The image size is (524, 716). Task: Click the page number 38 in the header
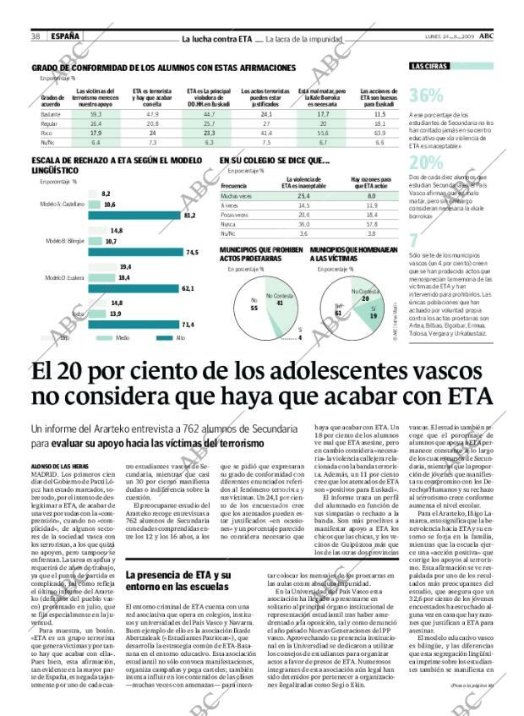[x=36, y=36]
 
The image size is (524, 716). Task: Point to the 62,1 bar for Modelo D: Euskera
[x=126, y=288]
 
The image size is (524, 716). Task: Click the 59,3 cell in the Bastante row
[x=96, y=113]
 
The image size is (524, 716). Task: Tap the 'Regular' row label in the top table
[x=49, y=123]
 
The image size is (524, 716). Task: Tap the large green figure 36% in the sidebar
[x=426, y=96]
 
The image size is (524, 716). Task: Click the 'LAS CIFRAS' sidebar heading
[x=429, y=66]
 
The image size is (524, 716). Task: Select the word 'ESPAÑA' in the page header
[x=65, y=36]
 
